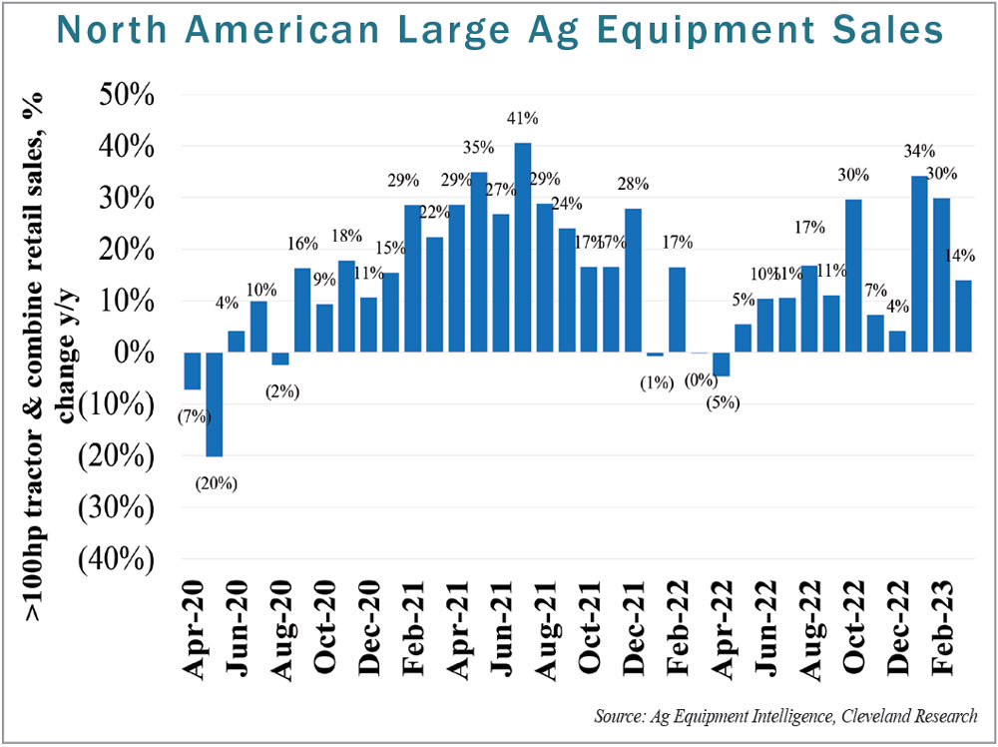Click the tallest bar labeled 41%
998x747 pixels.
tap(522, 248)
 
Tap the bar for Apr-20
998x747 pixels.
tap(193, 371)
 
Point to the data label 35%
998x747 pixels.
tap(478, 148)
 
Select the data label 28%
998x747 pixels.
tap(633, 184)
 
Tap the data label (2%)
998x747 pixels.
tap(280, 391)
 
